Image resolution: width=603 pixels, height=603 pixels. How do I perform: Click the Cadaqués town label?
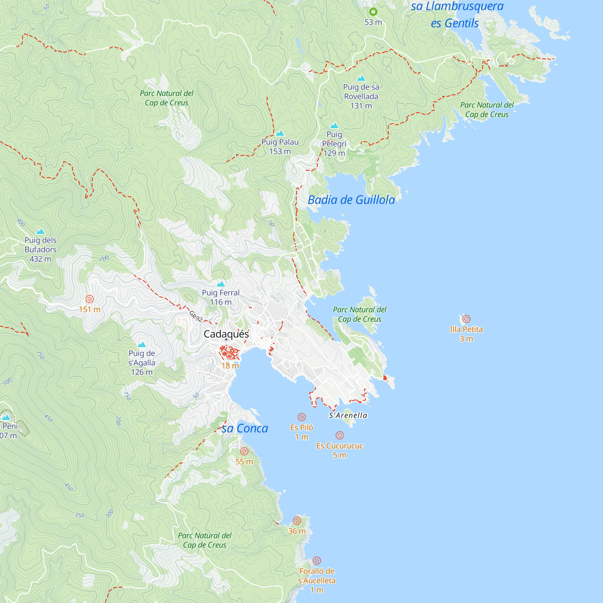click(226, 334)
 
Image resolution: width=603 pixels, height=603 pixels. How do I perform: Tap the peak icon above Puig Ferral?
click(221, 284)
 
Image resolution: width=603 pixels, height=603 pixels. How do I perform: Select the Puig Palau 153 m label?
click(280, 147)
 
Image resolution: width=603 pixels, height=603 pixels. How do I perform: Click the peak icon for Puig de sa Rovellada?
click(361, 78)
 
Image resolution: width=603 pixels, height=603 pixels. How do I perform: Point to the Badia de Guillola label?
click(351, 200)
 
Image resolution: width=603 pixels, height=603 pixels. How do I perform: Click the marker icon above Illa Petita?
click(466, 319)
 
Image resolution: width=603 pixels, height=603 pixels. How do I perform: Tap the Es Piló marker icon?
click(301, 417)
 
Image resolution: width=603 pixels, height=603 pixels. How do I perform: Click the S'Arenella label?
click(348, 415)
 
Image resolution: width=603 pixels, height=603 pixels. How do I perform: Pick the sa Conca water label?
click(245, 428)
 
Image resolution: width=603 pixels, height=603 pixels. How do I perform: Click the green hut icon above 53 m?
click(373, 12)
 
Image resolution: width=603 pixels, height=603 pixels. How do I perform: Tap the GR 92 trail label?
click(196, 316)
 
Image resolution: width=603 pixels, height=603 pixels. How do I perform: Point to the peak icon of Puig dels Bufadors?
click(41, 231)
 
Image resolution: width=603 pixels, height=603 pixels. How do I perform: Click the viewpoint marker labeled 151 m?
click(90, 299)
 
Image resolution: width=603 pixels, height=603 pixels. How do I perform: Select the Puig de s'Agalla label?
click(142, 362)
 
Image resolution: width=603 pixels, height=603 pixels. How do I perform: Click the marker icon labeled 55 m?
click(245, 451)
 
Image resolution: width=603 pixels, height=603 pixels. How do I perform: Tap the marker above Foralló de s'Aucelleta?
click(317, 560)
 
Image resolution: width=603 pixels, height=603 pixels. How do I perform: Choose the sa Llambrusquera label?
click(457, 6)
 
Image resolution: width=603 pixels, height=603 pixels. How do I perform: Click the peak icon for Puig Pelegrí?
click(334, 125)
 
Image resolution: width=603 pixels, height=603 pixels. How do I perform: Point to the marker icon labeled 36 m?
click(297, 520)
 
